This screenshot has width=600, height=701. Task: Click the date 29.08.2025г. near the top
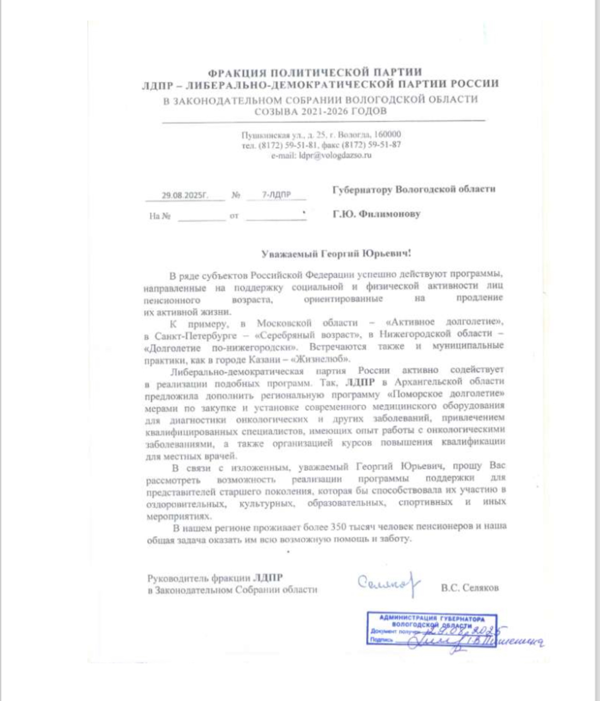point(185,195)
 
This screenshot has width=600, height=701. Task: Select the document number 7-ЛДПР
point(276,194)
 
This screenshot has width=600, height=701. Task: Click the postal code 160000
point(387,135)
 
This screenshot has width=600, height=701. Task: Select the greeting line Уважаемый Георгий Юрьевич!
point(336,253)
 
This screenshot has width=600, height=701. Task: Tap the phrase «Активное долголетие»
point(445,322)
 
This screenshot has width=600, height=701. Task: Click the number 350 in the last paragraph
point(338,527)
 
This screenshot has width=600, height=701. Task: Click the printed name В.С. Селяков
point(470,588)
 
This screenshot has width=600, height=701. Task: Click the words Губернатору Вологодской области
point(414,189)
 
